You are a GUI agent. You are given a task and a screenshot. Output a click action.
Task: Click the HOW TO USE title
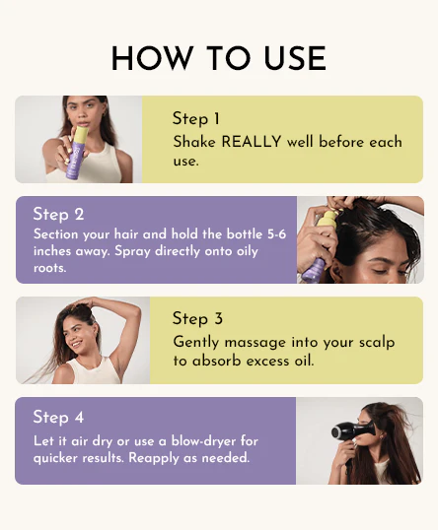pos(219,58)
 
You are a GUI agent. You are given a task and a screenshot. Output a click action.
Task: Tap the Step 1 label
pos(196,119)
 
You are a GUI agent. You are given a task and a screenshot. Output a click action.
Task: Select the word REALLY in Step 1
pos(252,141)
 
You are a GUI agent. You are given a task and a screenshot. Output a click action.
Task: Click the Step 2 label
pos(58,215)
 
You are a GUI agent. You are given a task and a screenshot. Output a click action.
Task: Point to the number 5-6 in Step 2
pos(276,234)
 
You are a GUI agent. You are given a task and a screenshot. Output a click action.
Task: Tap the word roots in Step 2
pos(49,268)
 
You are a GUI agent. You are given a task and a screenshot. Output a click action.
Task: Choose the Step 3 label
pos(197,319)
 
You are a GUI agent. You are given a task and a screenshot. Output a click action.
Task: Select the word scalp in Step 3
pos(377,342)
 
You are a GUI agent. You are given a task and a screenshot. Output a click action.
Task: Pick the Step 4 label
pos(58,417)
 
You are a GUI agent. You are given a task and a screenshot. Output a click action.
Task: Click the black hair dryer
pos(353,431)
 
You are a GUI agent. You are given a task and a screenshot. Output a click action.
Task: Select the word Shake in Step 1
pos(194,141)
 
